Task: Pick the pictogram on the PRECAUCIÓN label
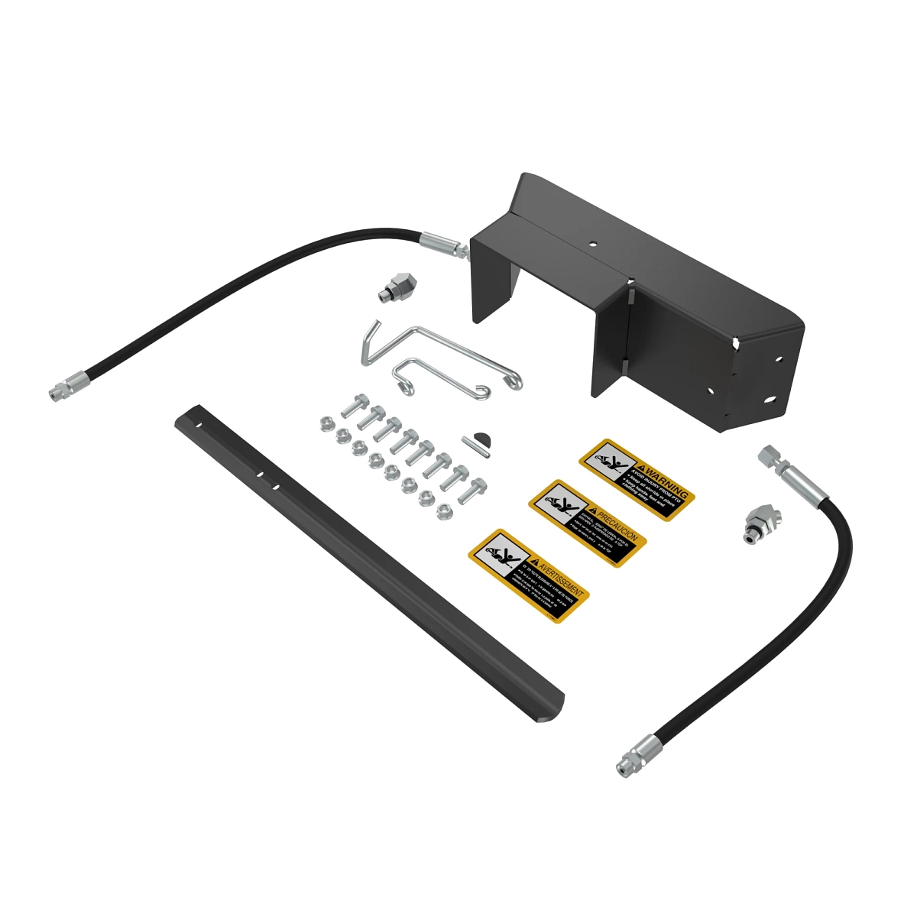(x=561, y=504)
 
